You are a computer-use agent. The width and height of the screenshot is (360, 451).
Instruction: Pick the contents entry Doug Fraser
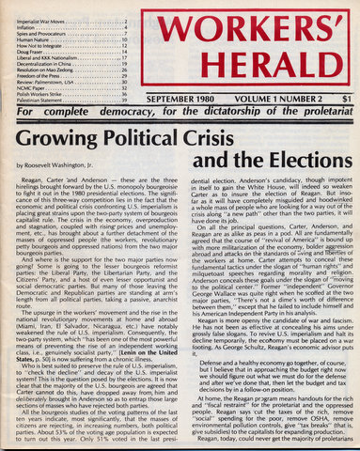coord(25,55)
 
